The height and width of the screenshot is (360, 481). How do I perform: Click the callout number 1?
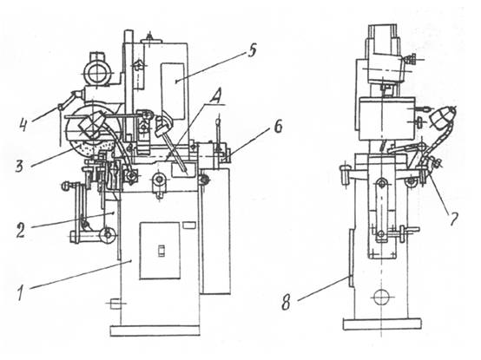21,292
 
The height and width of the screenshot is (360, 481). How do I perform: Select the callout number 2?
21,230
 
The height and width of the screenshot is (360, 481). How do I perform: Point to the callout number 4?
23,123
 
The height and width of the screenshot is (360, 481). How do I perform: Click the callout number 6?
278,127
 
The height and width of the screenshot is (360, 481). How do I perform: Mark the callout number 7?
453,219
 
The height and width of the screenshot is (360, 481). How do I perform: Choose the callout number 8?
286,303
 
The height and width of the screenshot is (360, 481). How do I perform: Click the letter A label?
215,98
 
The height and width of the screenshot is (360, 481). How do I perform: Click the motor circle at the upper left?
97,74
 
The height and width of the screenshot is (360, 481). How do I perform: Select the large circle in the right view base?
380,297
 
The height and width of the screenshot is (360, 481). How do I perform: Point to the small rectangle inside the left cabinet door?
161,251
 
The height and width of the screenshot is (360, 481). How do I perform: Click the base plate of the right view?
382,324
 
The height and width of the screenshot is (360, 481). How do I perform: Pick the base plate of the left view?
155,331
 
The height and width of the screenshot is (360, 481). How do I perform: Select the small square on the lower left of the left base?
114,304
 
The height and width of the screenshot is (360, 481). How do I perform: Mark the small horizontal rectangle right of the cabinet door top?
188,226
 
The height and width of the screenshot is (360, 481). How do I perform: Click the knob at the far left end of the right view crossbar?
345,173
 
